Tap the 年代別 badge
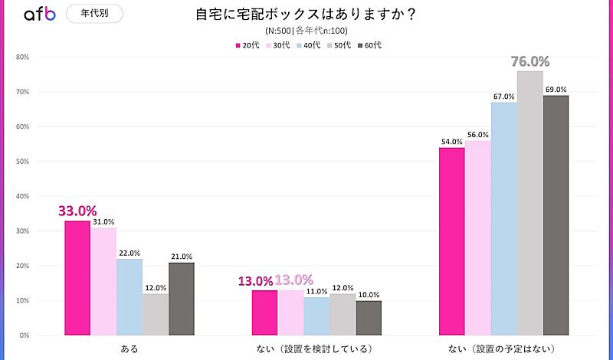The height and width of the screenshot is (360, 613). (94, 13)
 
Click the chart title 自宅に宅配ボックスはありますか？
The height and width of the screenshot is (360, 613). (306, 15)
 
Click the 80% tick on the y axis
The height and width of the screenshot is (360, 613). (23, 57)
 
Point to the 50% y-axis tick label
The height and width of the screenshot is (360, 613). (23, 162)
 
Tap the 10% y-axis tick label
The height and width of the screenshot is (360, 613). (23, 301)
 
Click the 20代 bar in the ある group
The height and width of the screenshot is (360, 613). (77, 277)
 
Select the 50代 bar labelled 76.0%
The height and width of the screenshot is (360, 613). (529, 203)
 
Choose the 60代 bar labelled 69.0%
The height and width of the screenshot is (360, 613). (556, 215)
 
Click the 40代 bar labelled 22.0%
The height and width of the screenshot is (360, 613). (129, 296)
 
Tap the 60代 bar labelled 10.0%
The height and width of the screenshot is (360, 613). (368, 318)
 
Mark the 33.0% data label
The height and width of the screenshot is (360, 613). (77, 211)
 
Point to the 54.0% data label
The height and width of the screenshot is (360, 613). (451, 142)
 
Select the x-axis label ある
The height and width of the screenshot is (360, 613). (129, 349)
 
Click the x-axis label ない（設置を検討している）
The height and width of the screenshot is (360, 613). (316, 349)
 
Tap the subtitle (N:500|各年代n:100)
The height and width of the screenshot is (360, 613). (306, 31)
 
